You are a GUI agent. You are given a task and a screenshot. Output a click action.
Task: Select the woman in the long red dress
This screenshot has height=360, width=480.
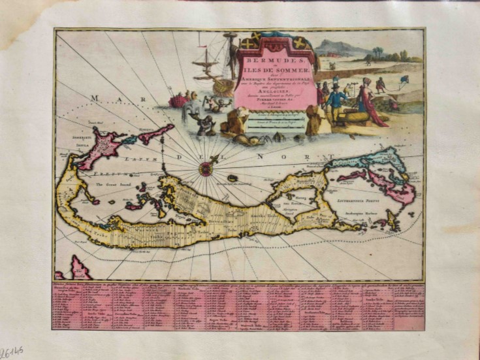pos(370,101)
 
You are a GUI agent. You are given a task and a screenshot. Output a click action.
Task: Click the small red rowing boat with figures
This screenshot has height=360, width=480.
pos(178,100)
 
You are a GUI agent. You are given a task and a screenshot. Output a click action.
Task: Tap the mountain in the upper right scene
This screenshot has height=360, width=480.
pos(336,48)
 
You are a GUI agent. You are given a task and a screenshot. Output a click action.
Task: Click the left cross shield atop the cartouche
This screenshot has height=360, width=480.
pos(249,44)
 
